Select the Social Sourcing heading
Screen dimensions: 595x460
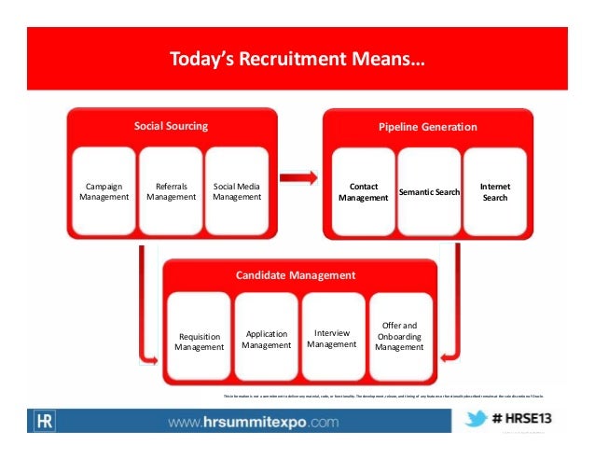pos(171,126)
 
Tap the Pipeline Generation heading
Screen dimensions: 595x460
pos(428,127)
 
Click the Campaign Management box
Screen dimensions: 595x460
pos(104,191)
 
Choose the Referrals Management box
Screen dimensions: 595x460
pos(171,191)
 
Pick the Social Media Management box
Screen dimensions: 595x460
pos(237,191)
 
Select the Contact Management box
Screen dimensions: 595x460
pos(363,191)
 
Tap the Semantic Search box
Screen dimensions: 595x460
pos(429,191)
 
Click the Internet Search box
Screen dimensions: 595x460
pos(495,191)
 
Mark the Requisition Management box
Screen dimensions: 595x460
pos(200,341)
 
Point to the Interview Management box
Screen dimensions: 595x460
pos(332,338)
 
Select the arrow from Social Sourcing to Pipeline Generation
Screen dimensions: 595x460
pos(298,174)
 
